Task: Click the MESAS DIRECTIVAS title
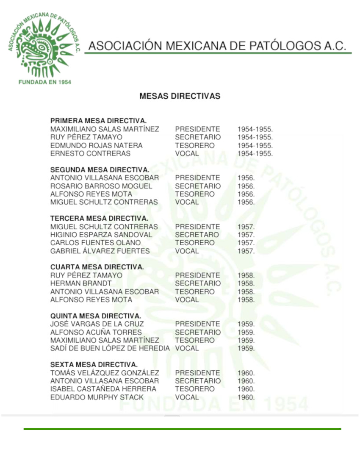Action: click(x=180, y=96)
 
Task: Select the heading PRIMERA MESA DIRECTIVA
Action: click(x=98, y=121)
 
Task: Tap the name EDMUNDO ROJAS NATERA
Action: click(x=96, y=145)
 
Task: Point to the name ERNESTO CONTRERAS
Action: click(x=90, y=153)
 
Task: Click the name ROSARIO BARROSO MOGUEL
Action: click(x=101, y=186)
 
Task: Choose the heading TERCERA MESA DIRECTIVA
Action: click(x=99, y=218)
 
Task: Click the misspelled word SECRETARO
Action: click(x=197, y=235)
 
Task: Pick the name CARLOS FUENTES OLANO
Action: click(x=95, y=243)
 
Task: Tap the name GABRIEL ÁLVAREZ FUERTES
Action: click(x=100, y=251)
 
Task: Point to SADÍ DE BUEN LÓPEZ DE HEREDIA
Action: click(x=110, y=349)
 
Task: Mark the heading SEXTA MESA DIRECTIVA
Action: click(x=94, y=365)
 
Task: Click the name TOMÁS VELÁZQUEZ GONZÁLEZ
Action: click(x=105, y=373)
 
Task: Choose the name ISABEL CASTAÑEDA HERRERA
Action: click(x=103, y=389)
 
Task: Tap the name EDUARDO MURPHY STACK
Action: click(x=97, y=397)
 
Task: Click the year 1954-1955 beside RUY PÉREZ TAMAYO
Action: click(x=255, y=137)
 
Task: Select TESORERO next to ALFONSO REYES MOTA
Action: click(x=195, y=194)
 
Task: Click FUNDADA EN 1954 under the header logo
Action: click(x=44, y=82)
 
